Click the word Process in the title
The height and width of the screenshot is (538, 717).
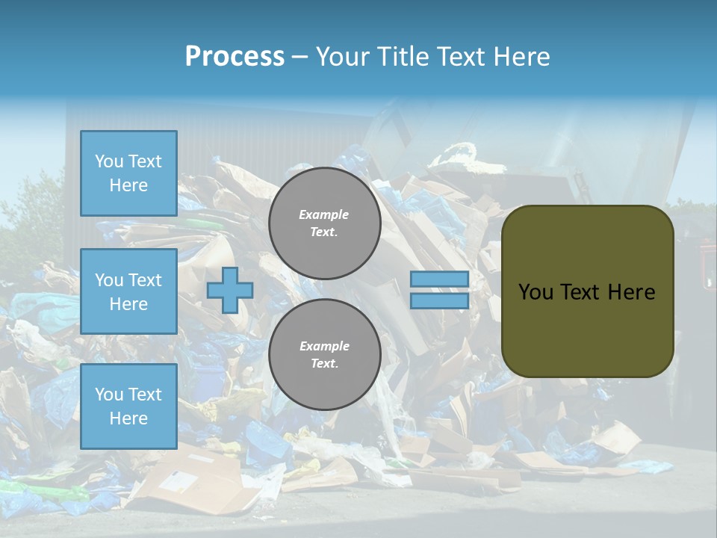(x=235, y=57)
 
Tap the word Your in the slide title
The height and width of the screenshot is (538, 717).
(x=344, y=57)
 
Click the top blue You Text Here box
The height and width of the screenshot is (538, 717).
(x=128, y=173)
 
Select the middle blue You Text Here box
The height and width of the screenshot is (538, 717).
(x=128, y=291)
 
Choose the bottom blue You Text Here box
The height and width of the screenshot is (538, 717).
(x=128, y=406)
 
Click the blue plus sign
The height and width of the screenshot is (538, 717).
(x=230, y=290)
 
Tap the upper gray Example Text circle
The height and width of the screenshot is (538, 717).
(x=324, y=223)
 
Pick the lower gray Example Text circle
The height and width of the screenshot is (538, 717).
(x=324, y=355)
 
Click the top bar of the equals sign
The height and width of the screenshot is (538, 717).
(x=439, y=279)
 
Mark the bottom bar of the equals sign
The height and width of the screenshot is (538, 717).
(x=439, y=300)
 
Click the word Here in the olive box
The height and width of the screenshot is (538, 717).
(x=631, y=292)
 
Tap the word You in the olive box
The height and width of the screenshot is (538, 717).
(x=536, y=292)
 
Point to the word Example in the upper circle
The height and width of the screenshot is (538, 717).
(x=324, y=214)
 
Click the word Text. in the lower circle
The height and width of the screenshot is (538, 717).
(x=324, y=364)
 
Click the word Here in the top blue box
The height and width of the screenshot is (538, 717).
(x=128, y=185)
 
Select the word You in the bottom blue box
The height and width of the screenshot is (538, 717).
(x=109, y=395)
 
